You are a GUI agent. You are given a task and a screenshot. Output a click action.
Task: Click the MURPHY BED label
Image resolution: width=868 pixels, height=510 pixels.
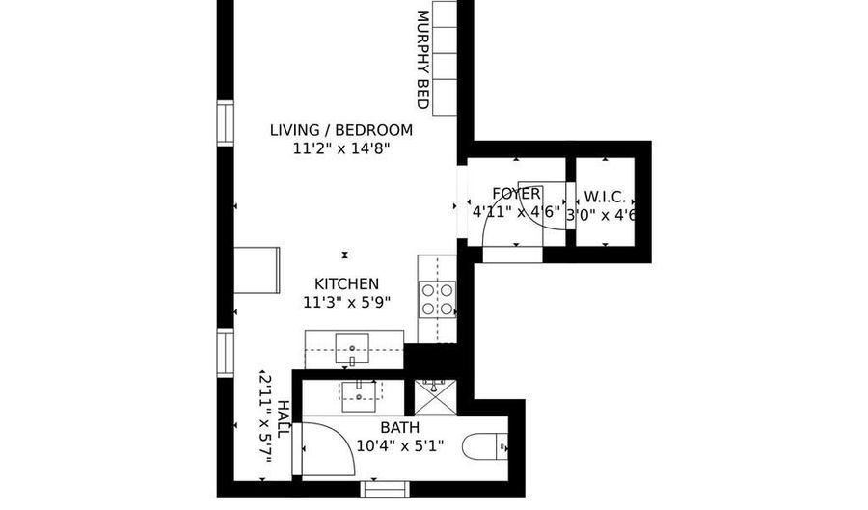point(423,60)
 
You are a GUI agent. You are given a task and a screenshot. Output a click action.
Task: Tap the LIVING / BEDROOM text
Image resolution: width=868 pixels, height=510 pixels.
point(341,130)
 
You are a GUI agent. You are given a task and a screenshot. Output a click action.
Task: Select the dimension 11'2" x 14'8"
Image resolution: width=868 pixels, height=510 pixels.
point(341,148)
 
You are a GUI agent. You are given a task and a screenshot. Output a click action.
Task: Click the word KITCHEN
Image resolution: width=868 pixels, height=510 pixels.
point(346,284)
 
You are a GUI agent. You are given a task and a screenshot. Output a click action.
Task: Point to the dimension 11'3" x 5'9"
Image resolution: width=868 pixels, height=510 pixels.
point(346,302)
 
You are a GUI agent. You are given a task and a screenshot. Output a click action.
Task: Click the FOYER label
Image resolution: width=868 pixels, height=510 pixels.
point(517,194)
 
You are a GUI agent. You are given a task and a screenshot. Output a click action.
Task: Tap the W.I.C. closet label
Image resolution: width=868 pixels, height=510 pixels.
point(605,197)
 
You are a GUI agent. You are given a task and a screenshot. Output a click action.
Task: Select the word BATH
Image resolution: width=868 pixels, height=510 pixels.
point(399,428)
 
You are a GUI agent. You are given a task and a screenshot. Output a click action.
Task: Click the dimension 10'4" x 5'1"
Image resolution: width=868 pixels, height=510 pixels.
point(399,445)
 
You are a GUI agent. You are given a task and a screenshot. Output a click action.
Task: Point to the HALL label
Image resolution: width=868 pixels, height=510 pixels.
point(283,419)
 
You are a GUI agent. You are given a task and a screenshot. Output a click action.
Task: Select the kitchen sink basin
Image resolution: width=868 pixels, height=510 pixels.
point(352,349)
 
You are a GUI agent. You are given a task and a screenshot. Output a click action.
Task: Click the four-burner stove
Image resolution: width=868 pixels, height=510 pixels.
point(437,299)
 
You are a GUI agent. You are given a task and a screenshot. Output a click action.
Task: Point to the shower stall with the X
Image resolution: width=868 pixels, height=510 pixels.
point(436,397)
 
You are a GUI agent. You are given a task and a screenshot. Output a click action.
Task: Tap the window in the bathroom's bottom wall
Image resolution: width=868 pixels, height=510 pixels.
point(385,490)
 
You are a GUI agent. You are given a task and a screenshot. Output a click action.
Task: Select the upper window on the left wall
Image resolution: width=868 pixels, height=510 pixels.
point(226,124)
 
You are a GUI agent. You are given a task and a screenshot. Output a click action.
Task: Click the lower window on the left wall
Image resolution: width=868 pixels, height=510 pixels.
point(226,353)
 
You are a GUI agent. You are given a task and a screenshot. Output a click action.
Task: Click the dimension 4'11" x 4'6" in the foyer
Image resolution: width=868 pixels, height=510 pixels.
point(517,212)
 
